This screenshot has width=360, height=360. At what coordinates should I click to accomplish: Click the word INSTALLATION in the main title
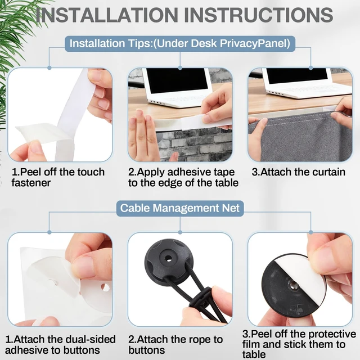(107, 15)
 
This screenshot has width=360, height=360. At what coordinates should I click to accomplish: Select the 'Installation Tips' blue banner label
(180, 43)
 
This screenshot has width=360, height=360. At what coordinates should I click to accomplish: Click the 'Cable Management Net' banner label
(180, 208)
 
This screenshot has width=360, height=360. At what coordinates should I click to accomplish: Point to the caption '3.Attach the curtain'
(299, 172)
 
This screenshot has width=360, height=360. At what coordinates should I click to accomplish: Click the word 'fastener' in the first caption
(31, 183)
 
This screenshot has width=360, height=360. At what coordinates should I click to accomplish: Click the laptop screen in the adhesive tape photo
(177, 80)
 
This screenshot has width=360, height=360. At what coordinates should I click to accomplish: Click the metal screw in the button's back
(293, 286)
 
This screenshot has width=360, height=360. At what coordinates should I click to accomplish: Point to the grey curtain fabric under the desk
(303, 140)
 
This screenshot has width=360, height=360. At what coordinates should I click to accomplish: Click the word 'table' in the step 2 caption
(227, 183)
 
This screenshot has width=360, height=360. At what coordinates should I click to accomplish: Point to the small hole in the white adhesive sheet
(105, 287)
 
